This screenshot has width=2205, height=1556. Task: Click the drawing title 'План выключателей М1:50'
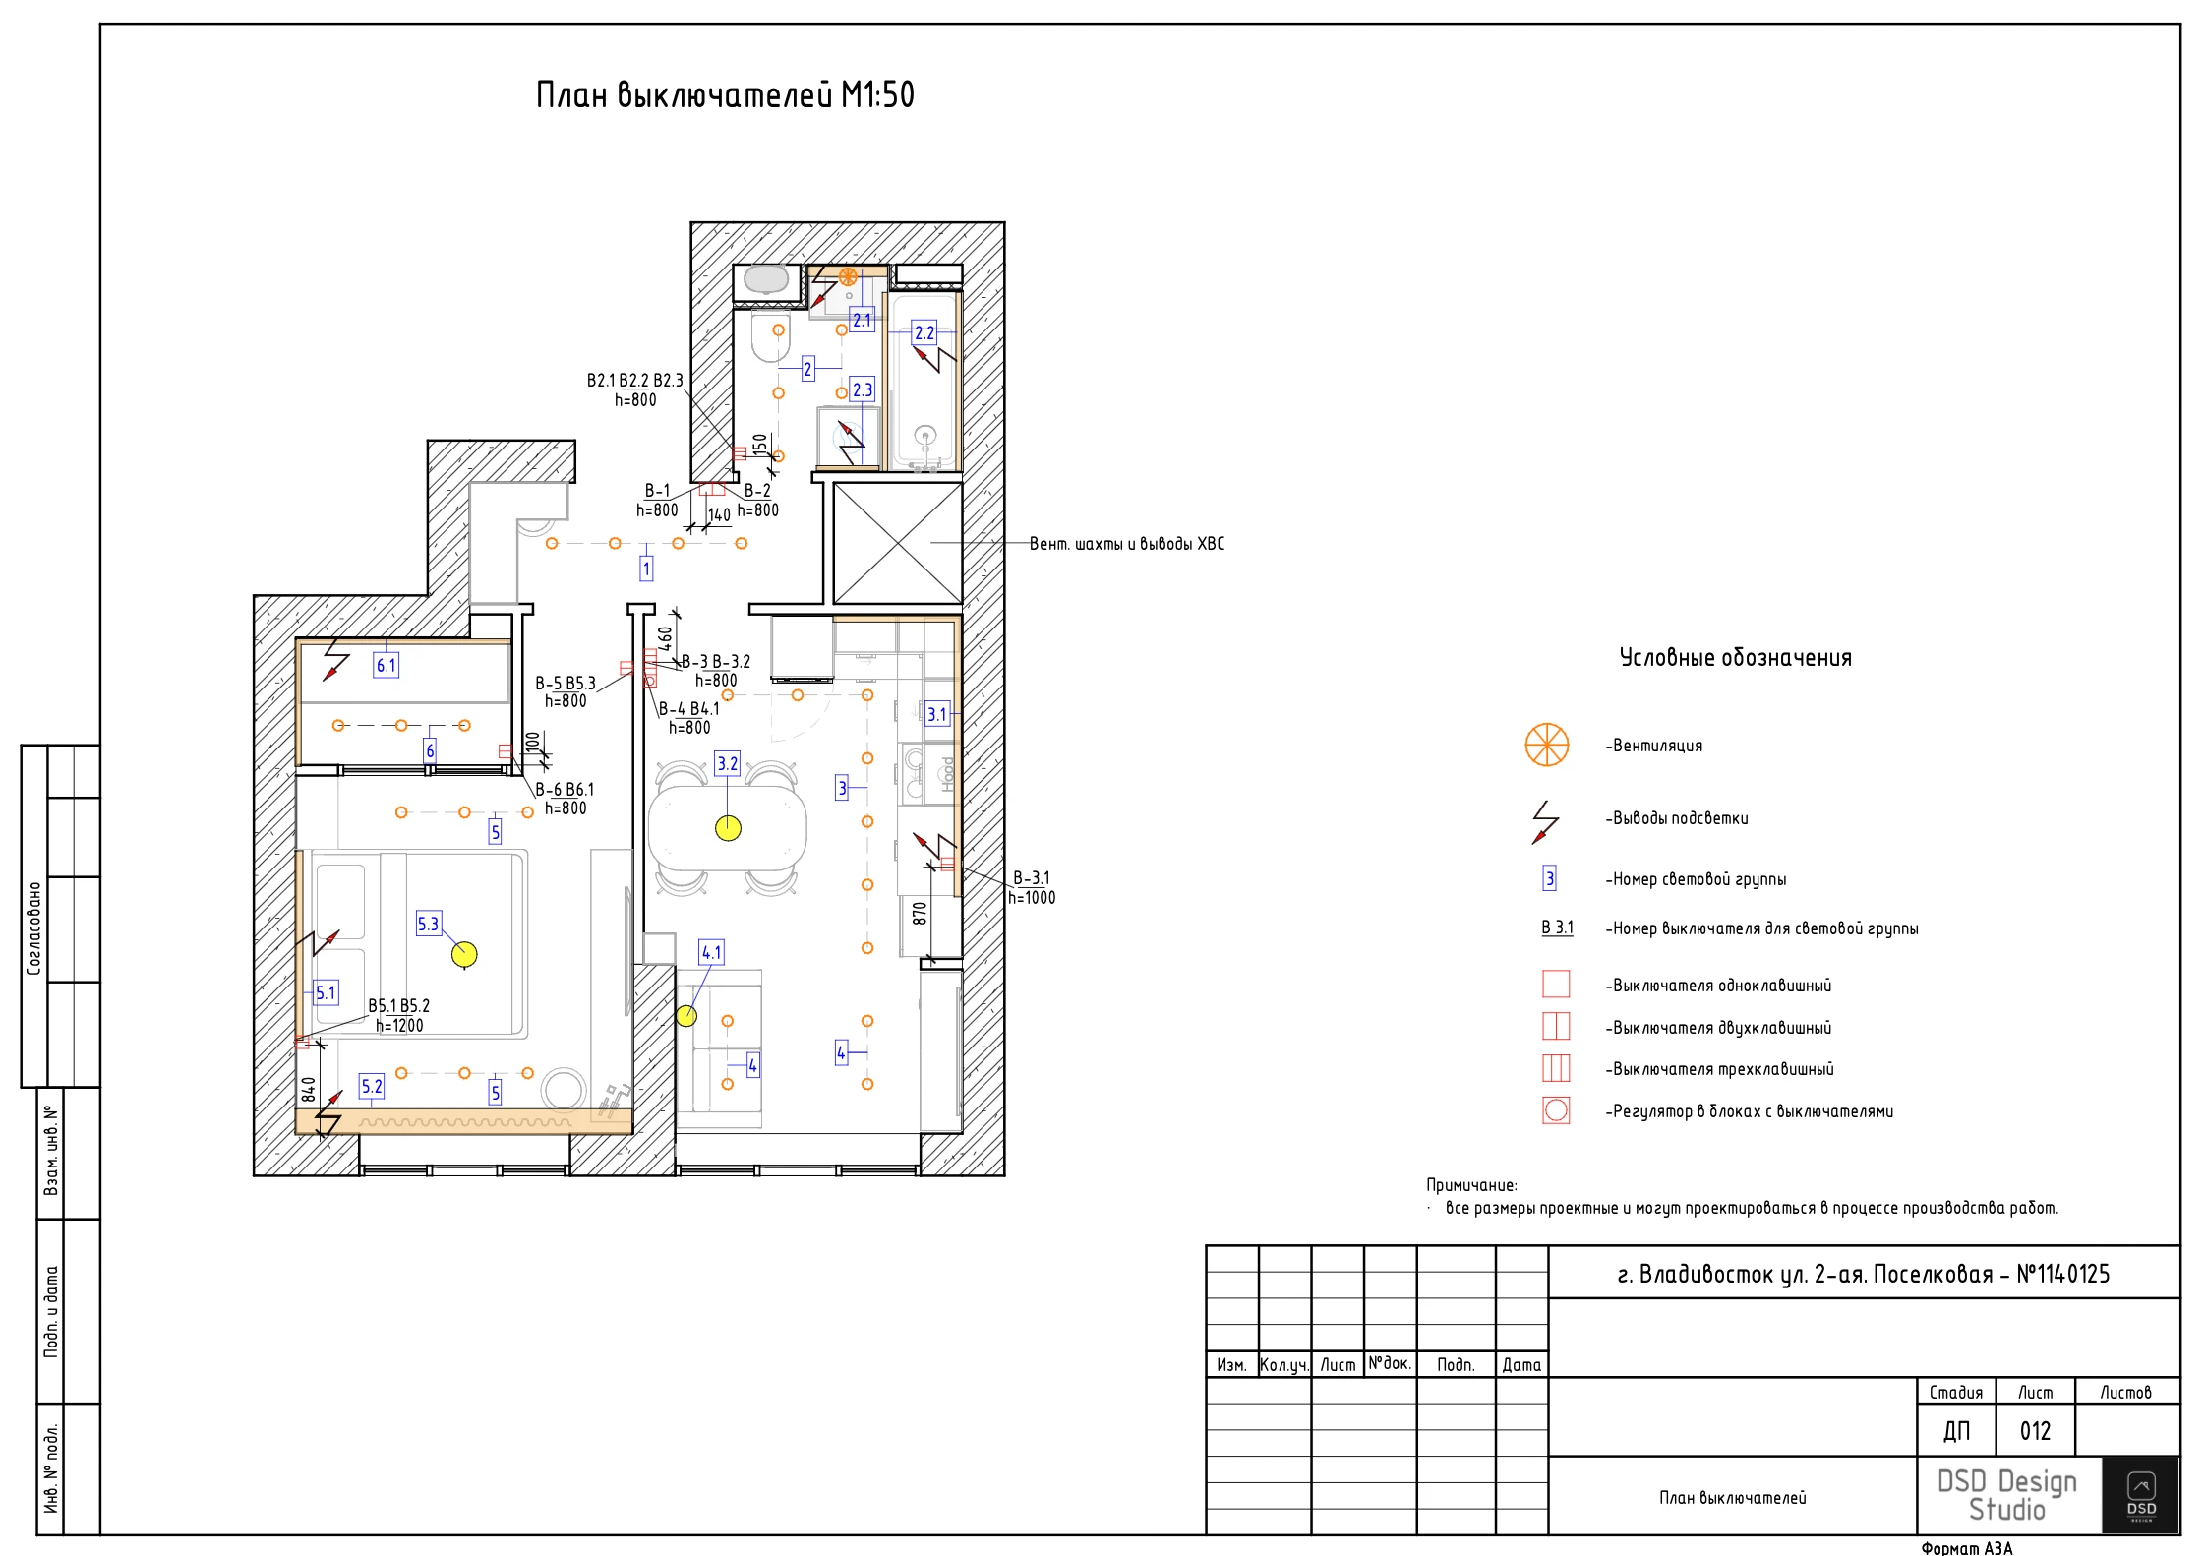(x=725, y=95)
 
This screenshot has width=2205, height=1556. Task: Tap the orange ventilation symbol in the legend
(x=1546, y=745)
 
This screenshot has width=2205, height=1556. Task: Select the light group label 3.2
(x=727, y=764)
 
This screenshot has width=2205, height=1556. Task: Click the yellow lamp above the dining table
(x=728, y=828)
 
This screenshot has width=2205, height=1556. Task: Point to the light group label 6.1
(x=386, y=666)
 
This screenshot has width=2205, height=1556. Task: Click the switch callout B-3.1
(x=1031, y=878)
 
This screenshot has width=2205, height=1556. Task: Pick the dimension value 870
(x=920, y=913)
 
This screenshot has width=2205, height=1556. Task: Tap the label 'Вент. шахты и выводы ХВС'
(x=1126, y=544)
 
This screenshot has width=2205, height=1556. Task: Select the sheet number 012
(x=2035, y=1431)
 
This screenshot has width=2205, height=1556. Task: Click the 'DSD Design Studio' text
(x=2006, y=1495)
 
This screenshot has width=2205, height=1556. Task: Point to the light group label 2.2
(x=924, y=333)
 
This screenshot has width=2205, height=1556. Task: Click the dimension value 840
(x=309, y=1089)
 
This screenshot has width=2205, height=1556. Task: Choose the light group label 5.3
(x=428, y=925)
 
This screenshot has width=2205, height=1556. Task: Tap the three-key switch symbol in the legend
(x=1556, y=1068)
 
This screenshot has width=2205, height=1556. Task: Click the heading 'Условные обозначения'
(x=1735, y=658)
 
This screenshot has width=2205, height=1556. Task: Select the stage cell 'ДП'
(x=1956, y=1431)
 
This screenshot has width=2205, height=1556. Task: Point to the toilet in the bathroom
(x=770, y=337)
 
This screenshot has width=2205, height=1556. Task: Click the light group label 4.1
(x=711, y=952)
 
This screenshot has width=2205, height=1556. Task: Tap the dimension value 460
(x=665, y=638)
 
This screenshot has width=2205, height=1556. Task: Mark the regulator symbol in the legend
(x=1556, y=1110)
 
